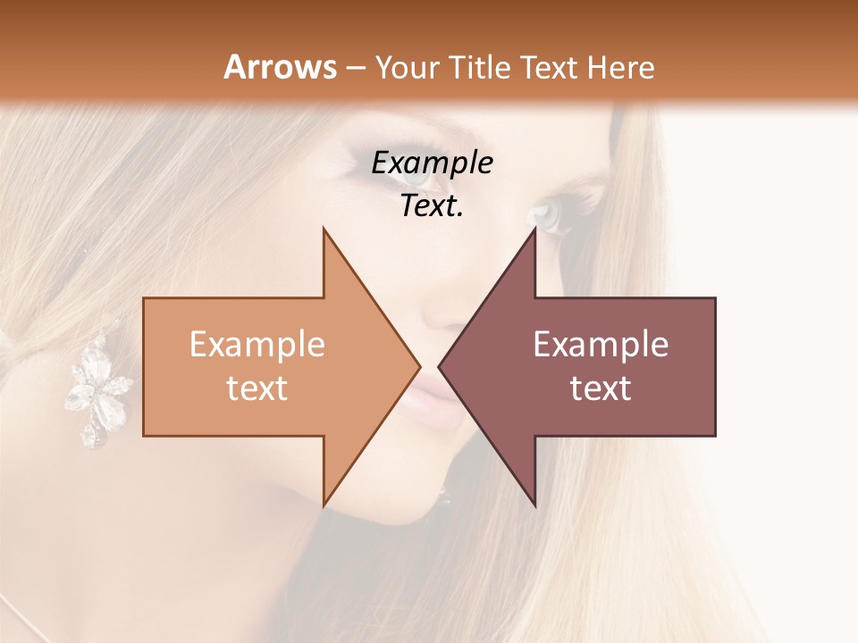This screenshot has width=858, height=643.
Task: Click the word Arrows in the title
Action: click(x=281, y=67)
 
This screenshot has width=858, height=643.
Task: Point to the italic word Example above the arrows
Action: click(x=433, y=164)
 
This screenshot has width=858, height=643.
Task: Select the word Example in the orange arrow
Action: click(x=257, y=345)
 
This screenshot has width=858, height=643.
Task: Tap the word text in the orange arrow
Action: click(x=257, y=388)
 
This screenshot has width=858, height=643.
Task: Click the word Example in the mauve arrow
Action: click(x=601, y=345)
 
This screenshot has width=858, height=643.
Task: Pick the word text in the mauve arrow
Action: click(x=601, y=388)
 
